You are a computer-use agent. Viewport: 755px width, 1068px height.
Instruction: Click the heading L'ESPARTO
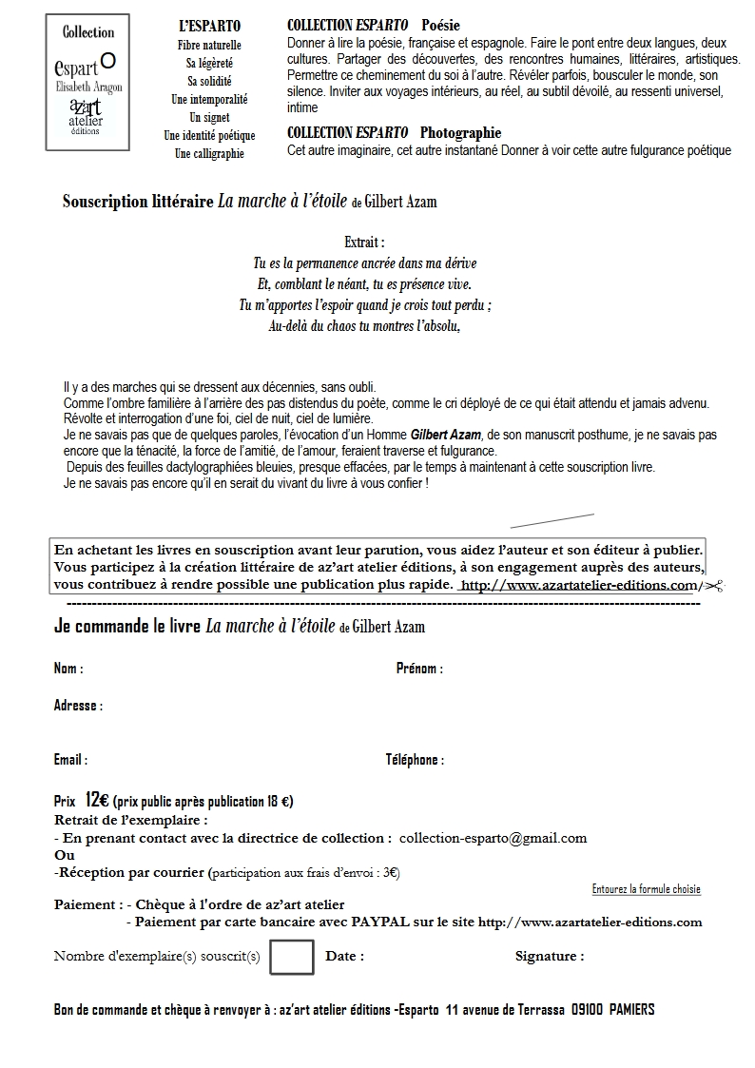209,27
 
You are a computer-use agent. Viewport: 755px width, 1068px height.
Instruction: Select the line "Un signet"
209,117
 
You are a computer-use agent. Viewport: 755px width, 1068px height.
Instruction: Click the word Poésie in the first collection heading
440,26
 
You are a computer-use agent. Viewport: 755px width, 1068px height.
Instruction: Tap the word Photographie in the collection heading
460,133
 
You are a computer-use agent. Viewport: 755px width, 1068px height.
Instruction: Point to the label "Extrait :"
364,243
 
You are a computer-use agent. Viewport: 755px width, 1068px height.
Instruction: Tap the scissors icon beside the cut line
714,586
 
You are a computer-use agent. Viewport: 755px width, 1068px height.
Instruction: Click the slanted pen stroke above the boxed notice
552,520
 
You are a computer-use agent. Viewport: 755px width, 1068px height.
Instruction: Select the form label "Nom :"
68,669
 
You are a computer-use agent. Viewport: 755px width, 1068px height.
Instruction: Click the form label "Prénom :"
419,669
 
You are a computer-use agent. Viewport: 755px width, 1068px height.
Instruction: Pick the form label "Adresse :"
78,706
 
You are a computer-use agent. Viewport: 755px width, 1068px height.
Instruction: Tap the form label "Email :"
70,760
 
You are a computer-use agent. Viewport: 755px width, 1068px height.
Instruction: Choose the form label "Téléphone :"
415,760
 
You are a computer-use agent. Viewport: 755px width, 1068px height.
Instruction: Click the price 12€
96,800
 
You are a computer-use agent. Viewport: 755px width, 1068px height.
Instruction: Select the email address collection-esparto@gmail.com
493,838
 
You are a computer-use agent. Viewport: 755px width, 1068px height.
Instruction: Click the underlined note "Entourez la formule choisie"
646,889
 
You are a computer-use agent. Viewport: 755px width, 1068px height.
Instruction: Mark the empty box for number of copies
292,957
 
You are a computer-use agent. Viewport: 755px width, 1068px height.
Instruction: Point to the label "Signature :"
550,957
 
